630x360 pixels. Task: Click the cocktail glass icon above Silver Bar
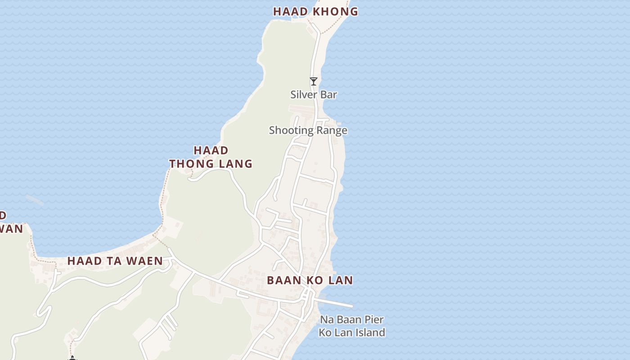click(314, 81)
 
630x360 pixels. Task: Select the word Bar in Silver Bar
click(328, 94)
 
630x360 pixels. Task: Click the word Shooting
click(290, 130)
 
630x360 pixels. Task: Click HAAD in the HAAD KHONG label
click(290, 12)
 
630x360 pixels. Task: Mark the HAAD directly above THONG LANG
click(211, 150)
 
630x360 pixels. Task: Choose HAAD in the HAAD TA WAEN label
click(84, 261)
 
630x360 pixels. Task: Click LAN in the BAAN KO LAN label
click(340, 280)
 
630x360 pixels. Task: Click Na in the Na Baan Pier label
click(326, 320)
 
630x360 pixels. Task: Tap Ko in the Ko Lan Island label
click(325, 333)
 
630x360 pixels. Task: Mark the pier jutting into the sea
click(335, 303)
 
